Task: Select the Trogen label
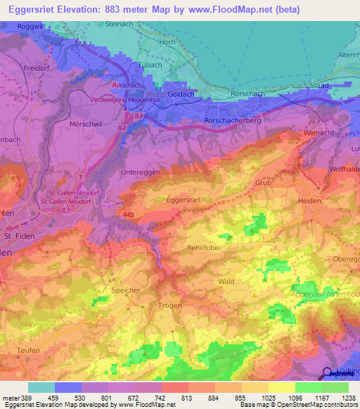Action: (x=169, y=305)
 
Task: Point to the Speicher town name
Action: (x=127, y=289)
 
